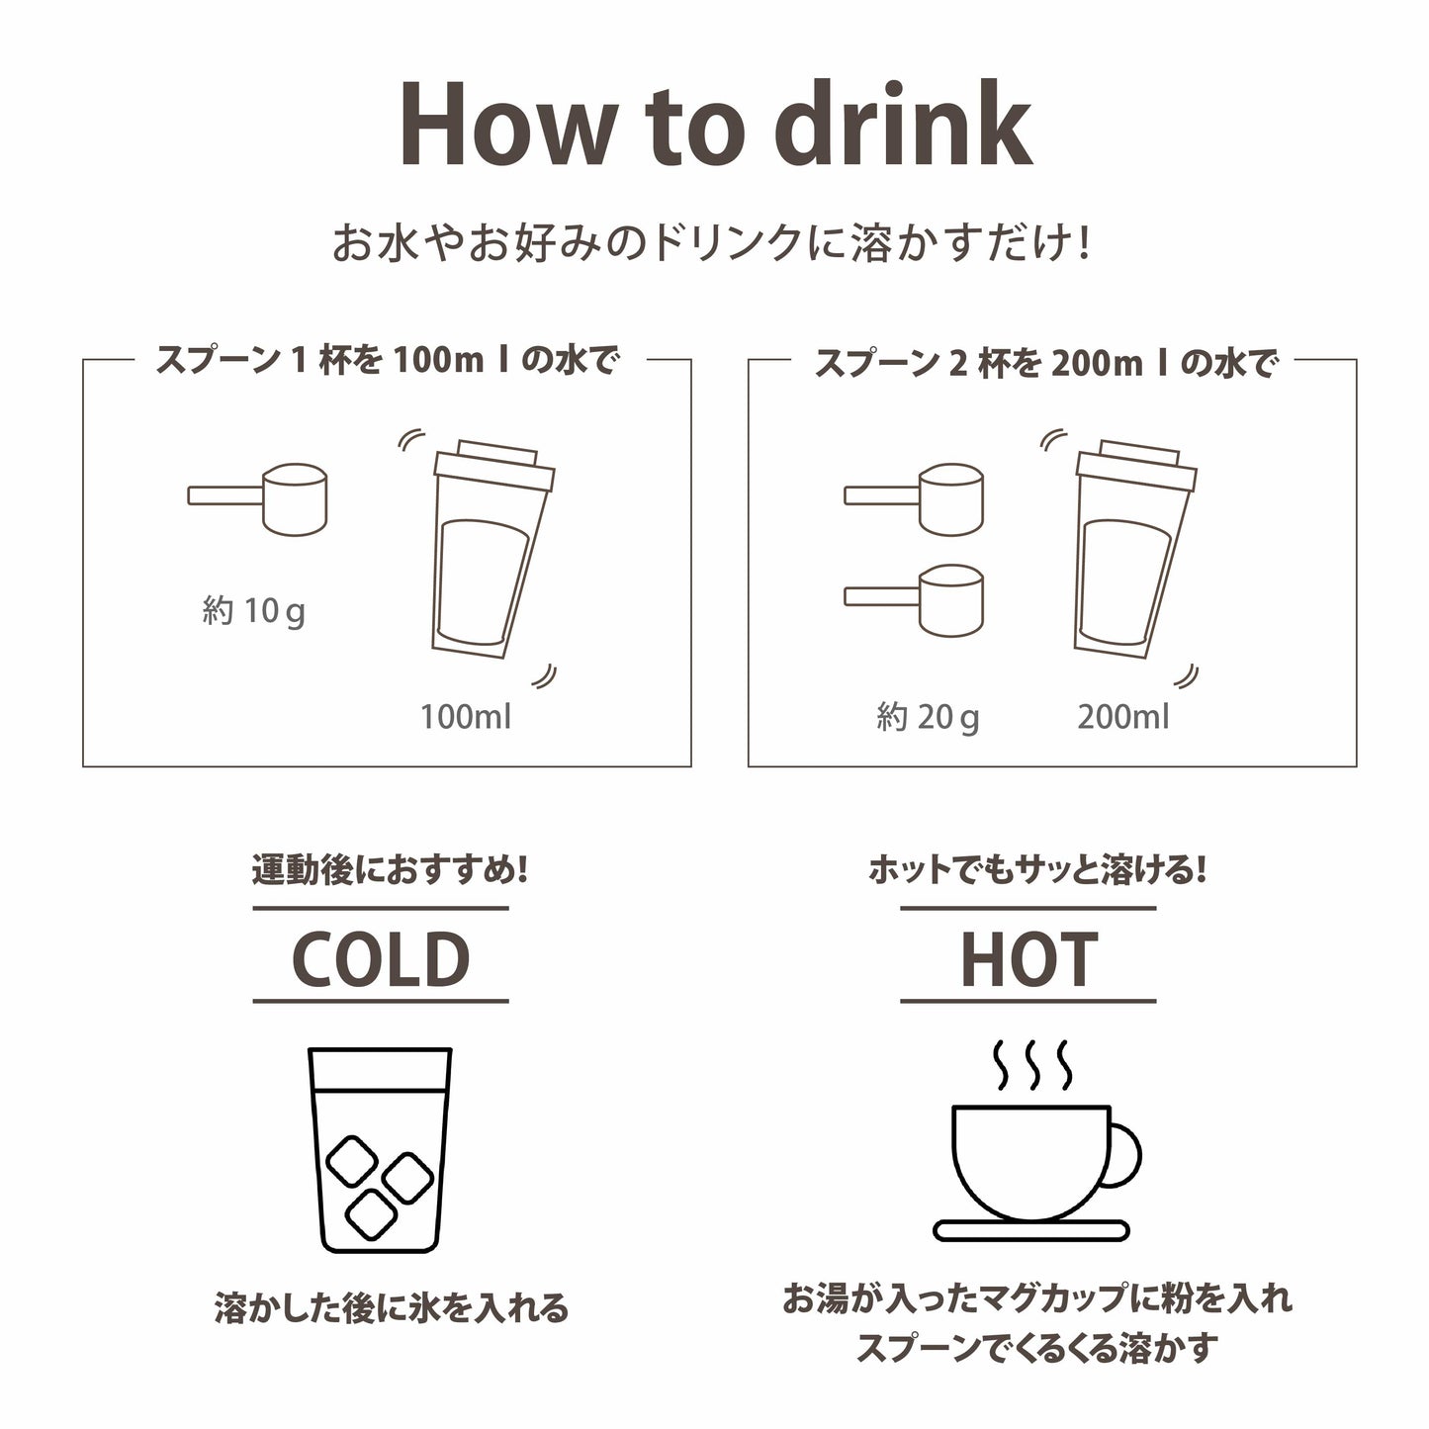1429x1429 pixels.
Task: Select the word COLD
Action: click(x=381, y=959)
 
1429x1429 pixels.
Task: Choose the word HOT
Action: click(x=1028, y=959)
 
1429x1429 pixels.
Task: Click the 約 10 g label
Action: click(x=253, y=611)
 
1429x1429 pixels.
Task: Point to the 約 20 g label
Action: click(x=928, y=717)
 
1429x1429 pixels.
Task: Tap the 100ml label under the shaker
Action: click(x=466, y=717)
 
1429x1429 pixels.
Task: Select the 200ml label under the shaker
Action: click(x=1123, y=717)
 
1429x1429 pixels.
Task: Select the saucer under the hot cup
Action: click(x=1031, y=1230)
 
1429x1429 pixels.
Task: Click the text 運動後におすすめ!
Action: click(x=391, y=872)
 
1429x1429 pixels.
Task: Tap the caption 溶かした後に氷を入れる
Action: click(x=392, y=1307)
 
